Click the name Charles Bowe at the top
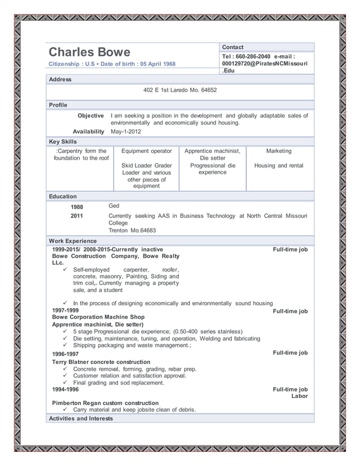pyautogui.click(x=89, y=52)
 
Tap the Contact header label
pyautogui.click(x=232, y=47)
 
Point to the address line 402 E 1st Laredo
pyautogui.click(x=179, y=90)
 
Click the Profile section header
pyautogui.click(x=58, y=105)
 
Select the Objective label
pyautogui.click(x=90, y=116)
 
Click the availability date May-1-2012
pyautogui.click(x=126, y=131)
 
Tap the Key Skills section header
pyautogui.click(x=63, y=142)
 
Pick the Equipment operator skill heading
pyautogui.click(x=146, y=151)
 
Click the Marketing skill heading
pyautogui.click(x=278, y=151)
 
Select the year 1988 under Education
pyautogui.click(x=77, y=207)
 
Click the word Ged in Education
pyautogui.click(x=113, y=206)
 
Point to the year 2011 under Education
pyautogui.click(x=77, y=216)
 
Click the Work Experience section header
pyautogui.click(x=72, y=241)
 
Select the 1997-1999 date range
pyautogui.click(x=65, y=310)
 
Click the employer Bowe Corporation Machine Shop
pyautogui.click(x=98, y=317)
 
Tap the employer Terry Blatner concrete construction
pyautogui.click(x=101, y=362)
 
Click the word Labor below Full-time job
pyautogui.click(x=299, y=396)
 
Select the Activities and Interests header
pyautogui.click(x=81, y=418)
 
